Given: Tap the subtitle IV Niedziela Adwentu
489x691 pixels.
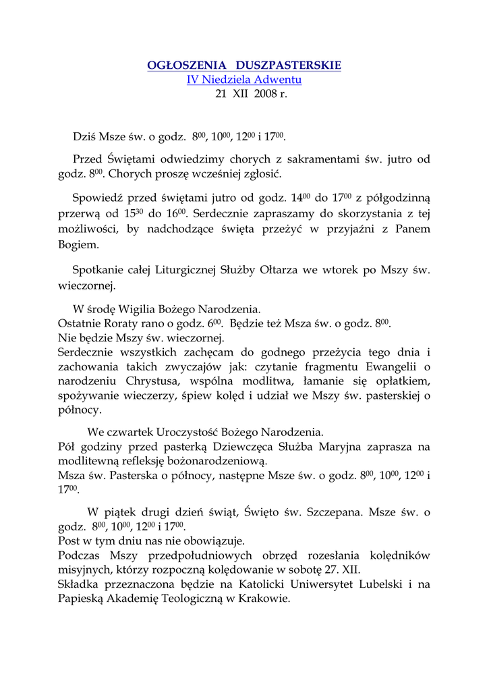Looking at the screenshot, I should pos(244,80).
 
